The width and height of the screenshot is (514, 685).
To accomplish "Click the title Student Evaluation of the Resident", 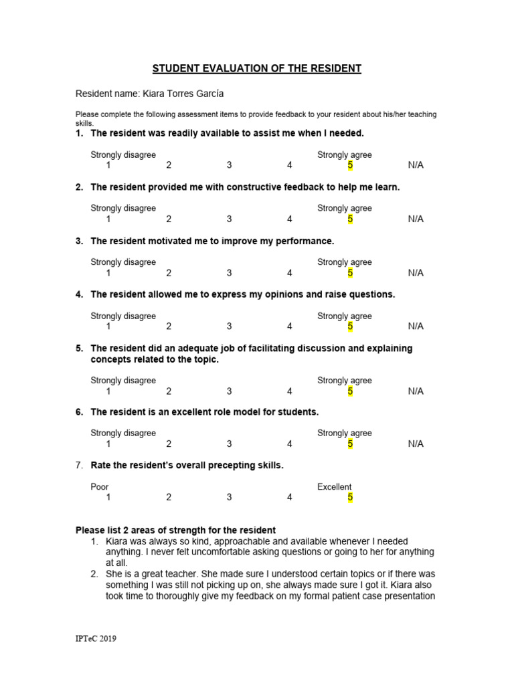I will (257, 69).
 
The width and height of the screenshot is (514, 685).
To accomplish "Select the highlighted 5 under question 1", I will (349, 165).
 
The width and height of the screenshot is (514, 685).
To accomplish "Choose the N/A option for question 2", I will (416, 219).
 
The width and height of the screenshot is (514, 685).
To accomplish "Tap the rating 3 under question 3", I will (229, 273).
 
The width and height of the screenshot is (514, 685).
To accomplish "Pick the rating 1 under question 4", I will (108, 326).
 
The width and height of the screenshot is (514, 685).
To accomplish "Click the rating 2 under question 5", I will (169, 391).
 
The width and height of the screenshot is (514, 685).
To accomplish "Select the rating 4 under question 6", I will (289, 444).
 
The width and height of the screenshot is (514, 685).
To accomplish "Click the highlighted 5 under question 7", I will (349, 497).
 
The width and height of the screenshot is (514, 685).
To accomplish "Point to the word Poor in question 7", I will (100, 487).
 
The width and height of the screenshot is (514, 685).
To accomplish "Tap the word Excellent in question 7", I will (334, 487).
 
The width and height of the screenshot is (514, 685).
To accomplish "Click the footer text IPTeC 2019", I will (96, 639).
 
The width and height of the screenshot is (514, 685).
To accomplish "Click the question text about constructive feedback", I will (245, 187).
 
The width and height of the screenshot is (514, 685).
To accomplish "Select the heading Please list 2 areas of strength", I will (175, 530).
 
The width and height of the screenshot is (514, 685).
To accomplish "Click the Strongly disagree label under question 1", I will (123, 155).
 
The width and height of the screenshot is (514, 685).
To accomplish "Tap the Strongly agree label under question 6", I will (344, 433).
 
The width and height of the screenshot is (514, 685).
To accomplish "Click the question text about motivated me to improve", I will (211, 241).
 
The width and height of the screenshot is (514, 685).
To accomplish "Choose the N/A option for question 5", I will (416, 391).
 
